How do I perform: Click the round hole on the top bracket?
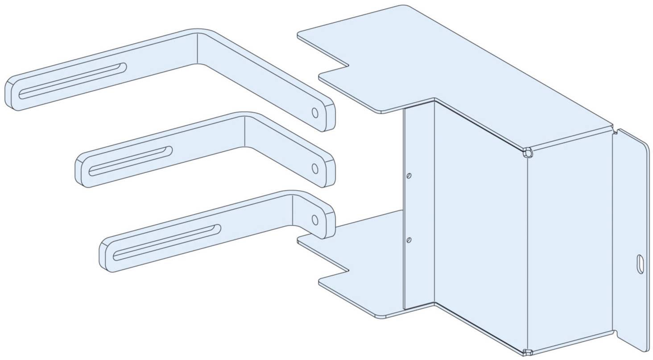tap(315, 113)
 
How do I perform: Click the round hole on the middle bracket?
tap(315, 168)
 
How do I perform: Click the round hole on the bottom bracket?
tap(315, 219)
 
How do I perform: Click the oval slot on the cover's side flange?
tap(640, 264)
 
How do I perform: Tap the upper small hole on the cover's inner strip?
tap(409, 176)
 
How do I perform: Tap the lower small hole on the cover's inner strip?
tap(409, 240)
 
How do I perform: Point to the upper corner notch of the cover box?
tap(528, 153)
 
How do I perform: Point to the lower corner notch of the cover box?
tap(528, 352)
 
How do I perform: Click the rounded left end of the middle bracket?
tap(82, 170)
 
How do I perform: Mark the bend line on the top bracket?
tap(198, 49)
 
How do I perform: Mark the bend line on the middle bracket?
tap(244, 131)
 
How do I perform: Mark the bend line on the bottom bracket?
tap(292, 210)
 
